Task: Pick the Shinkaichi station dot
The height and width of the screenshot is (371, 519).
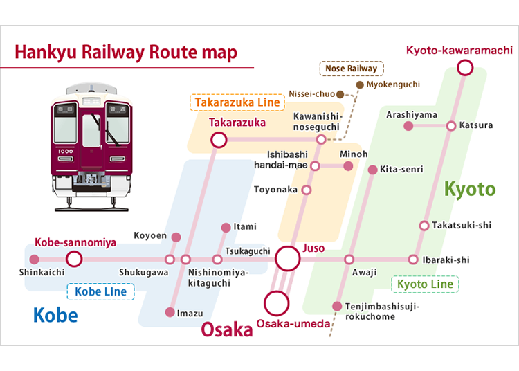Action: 34,259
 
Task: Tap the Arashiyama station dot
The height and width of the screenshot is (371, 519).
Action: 408,126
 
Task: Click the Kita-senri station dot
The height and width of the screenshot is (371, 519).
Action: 373,170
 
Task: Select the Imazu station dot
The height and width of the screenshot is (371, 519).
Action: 170,312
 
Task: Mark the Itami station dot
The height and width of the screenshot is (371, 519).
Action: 226,227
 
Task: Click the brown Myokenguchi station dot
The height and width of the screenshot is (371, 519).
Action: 360,84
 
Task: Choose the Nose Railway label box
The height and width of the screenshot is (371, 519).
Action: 352,69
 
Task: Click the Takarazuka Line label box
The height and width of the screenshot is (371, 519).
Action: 237,102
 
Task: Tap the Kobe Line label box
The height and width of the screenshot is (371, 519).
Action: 100,291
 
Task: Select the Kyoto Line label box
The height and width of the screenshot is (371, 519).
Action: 425,284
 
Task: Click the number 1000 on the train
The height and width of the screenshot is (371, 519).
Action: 66,152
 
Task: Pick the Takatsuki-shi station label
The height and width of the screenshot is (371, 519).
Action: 462,226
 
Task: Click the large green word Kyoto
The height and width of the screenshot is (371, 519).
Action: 470,190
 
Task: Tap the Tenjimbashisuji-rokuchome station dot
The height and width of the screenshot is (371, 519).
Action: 337,306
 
